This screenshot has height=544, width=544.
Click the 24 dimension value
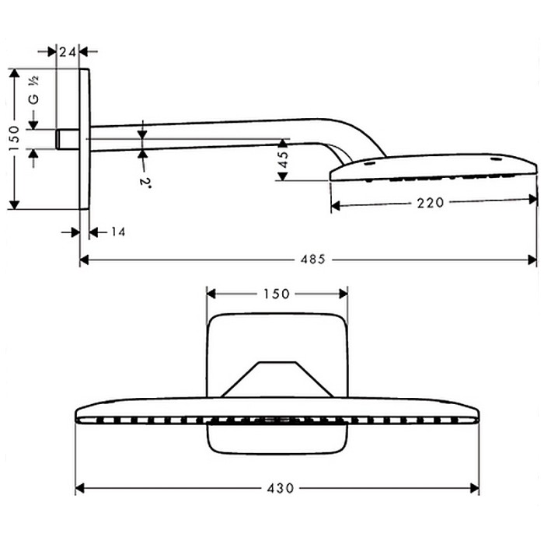tap(68, 52)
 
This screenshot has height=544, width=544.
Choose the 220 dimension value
tap(430, 203)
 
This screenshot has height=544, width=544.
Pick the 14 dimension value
tap(117, 232)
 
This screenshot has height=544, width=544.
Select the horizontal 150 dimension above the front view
tap(277, 293)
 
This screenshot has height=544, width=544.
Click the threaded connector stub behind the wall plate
tap(67, 139)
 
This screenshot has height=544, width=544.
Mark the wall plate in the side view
tap(85, 138)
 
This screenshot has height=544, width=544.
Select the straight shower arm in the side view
tap(202, 134)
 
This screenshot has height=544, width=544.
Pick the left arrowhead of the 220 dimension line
tap(337, 204)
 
